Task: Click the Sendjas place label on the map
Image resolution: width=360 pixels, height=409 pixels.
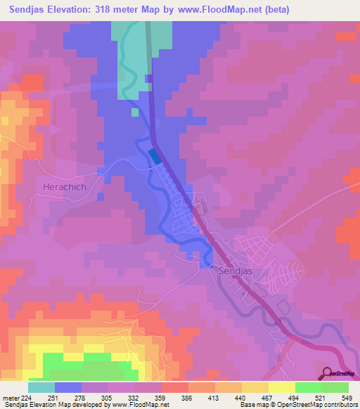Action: click(x=234, y=270)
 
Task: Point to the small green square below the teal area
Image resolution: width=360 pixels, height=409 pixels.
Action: click(x=135, y=112)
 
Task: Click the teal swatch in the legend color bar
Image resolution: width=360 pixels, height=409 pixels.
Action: click(x=41, y=387)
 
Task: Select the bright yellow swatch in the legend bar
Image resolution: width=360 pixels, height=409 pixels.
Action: click(x=281, y=387)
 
